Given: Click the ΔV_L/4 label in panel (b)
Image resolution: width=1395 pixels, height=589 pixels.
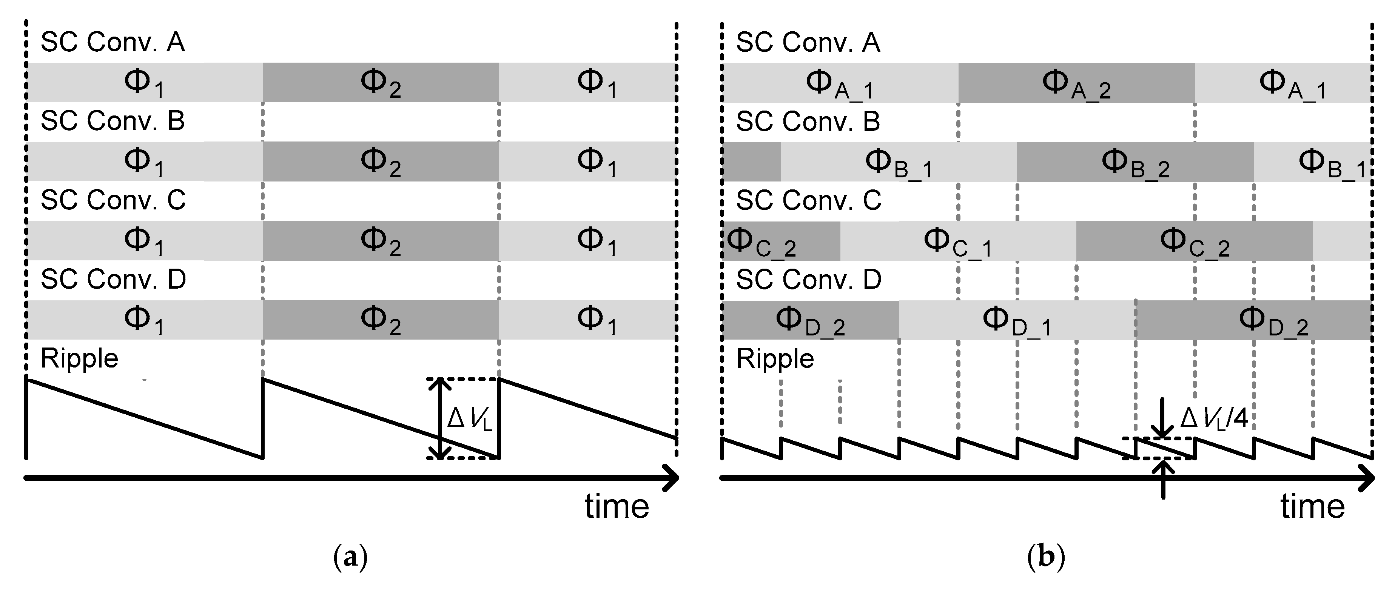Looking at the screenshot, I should [x=1213, y=418].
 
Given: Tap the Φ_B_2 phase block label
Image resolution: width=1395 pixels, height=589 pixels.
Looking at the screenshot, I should [x=1135, y=162].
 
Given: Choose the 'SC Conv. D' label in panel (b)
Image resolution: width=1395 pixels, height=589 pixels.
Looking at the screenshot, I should [x=809, y=279].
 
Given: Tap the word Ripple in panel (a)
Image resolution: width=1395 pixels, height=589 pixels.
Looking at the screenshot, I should [x=80, y=358].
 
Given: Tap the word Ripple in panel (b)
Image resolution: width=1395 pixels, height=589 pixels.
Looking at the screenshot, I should [x=775, y=358].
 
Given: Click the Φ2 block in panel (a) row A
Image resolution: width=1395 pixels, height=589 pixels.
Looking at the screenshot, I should [x=381, y=83].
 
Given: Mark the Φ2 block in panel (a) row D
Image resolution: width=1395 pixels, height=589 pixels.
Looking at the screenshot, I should [x=381, y=320].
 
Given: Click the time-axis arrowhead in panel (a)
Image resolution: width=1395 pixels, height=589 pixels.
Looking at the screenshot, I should [x=672, y=477].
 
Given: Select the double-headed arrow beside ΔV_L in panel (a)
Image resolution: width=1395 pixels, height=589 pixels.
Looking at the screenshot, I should [x=440, y=418].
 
